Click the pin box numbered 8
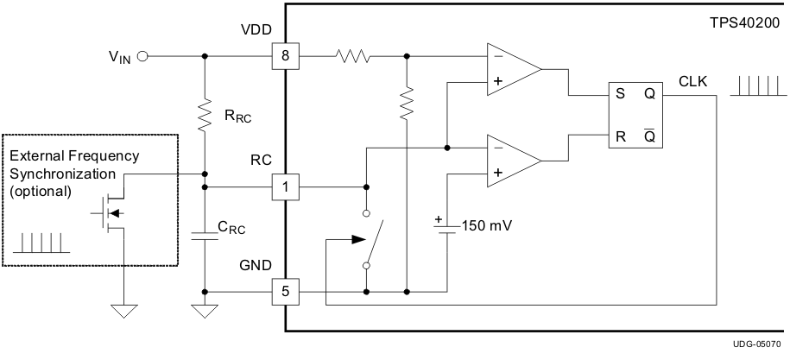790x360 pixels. click(x=285, y=57)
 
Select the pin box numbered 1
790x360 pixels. click(x=285, y=186)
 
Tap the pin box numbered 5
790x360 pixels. click(x=285, y=293)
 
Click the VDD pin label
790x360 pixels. click(x=256, y=29)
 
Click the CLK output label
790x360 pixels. click(x=692, y=83)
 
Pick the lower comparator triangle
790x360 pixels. click(x=510, y=160)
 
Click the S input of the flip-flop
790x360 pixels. click(x=619, y=96)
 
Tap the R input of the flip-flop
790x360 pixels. click(x=619, y=136)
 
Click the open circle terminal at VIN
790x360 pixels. click(x=142, y=57)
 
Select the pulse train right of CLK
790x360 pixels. click(x=757, y=85)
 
